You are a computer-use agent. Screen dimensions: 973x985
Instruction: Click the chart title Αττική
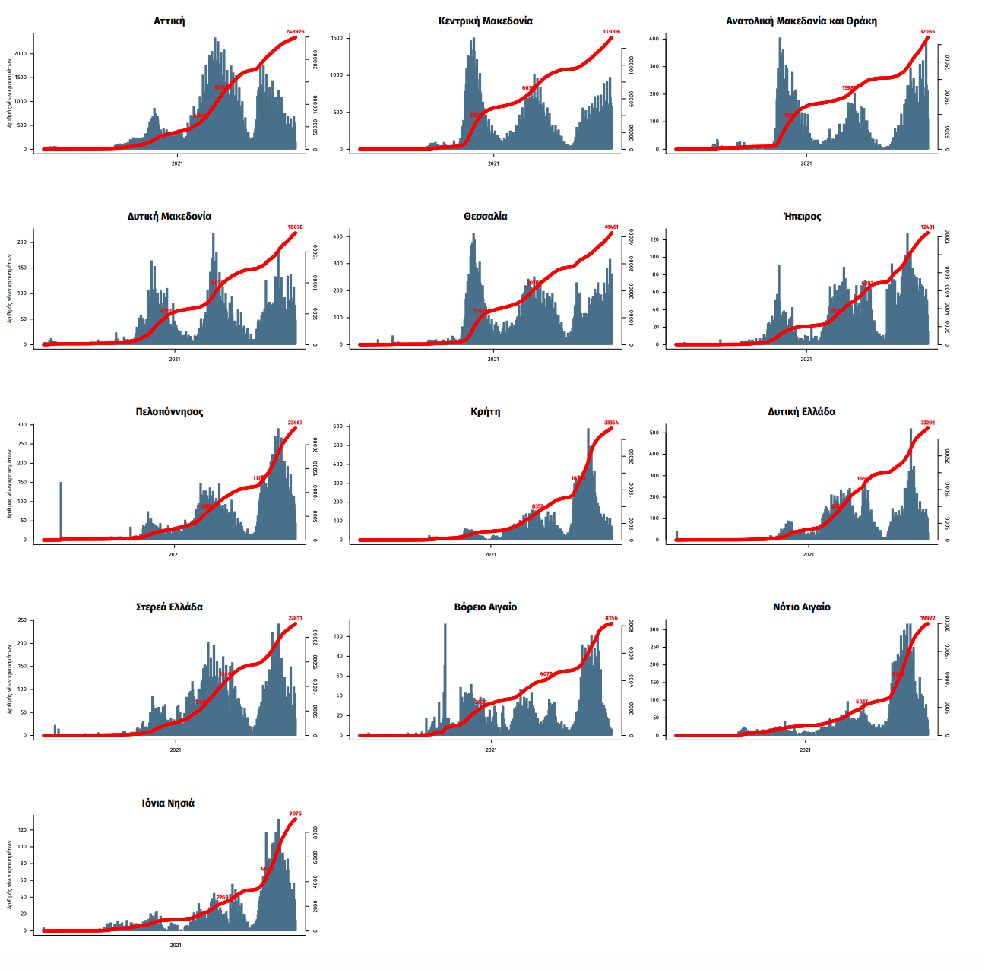[x=169, y=21]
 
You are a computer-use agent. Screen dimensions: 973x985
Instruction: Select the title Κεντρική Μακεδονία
[x=485, y=21]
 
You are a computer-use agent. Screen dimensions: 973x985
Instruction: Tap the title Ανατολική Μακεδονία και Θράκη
[x=801, y=21]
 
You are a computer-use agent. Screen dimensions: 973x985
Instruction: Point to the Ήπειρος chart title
[x=801, y=217]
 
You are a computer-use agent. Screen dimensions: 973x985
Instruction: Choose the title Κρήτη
[x=485, y=412]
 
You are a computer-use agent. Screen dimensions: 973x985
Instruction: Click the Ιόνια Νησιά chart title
[x=168, y=803]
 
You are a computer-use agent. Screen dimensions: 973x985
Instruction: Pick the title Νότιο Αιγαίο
[x=801, y=607]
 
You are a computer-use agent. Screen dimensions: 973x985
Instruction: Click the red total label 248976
[x=295, y=32]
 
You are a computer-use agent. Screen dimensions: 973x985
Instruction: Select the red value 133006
[x=611, y=32]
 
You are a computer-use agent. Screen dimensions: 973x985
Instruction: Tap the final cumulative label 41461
[x=611, y=227]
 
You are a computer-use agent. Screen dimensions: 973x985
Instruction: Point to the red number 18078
[x=295, y=227]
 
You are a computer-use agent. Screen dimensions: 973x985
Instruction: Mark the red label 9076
[x=295, y=814]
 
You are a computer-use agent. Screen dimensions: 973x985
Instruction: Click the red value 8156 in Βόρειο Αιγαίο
[x=611, y=619]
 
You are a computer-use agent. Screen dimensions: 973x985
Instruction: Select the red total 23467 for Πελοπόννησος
[x=295, y=423]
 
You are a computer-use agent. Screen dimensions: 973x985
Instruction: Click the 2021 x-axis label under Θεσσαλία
[x=492, y=360]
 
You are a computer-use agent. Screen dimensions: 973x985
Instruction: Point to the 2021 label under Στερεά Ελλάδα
[x=175, y=750]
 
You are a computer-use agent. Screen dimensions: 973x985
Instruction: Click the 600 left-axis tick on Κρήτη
[x=336, y=426]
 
